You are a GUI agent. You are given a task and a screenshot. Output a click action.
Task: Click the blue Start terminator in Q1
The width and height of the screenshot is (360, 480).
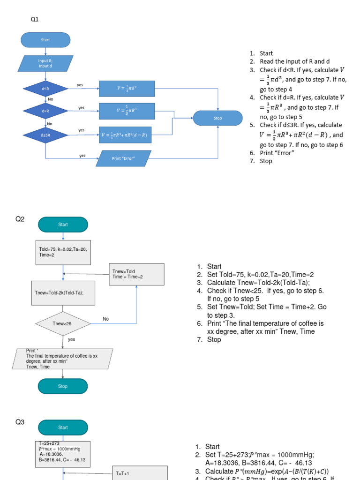[45, 40]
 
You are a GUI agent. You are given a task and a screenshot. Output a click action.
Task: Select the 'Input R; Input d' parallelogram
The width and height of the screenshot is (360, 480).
[45, 64]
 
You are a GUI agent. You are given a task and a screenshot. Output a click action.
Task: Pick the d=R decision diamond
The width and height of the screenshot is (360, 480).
[45, 111]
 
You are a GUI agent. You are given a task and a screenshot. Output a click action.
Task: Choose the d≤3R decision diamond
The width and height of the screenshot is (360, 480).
[45, 135]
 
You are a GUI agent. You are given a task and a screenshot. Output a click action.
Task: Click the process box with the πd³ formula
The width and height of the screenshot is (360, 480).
[127, 89]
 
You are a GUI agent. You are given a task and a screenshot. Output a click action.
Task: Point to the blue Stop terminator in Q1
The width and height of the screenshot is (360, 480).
[217, 118]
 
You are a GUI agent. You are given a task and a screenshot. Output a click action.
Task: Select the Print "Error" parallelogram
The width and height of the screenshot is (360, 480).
[123, 158]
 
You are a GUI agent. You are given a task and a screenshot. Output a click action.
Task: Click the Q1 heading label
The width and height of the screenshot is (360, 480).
[35, 19]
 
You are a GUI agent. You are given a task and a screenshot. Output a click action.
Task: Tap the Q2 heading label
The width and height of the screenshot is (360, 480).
[20, 219]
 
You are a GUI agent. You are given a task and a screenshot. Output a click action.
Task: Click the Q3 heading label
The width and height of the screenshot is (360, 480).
[20, 422]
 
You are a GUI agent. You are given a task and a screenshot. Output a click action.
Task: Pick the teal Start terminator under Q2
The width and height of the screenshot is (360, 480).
[63, 225]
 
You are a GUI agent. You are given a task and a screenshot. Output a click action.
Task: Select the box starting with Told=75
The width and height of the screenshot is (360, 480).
[63, 252]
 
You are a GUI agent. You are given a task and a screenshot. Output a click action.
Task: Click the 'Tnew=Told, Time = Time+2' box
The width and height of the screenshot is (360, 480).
[136, 274]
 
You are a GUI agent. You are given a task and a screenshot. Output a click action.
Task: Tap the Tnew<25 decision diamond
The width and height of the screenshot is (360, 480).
[62, 323]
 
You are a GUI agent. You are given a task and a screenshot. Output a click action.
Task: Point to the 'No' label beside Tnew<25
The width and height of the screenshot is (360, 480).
[106, 319]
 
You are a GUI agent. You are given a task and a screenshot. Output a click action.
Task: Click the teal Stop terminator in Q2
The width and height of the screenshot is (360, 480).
[63, 386]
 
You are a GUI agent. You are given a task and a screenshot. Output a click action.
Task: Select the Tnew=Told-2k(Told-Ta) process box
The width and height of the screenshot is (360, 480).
[63, 293]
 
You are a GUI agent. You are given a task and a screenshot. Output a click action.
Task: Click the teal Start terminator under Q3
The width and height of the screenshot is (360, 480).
[63, 427]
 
